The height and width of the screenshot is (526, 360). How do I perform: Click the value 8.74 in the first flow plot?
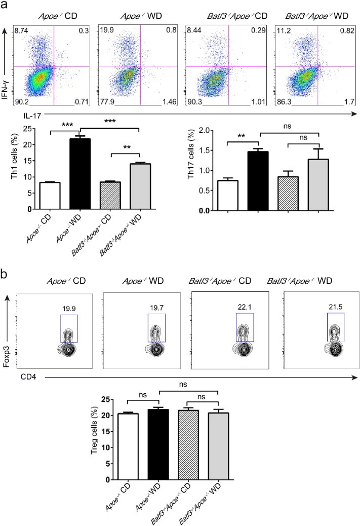pyautogui.click(x=21, y=31)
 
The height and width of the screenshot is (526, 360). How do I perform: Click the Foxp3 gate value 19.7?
pyautogui.click(x=156, y=307)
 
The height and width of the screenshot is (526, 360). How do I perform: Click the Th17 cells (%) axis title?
pyautogui.click(x=192, y=171)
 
